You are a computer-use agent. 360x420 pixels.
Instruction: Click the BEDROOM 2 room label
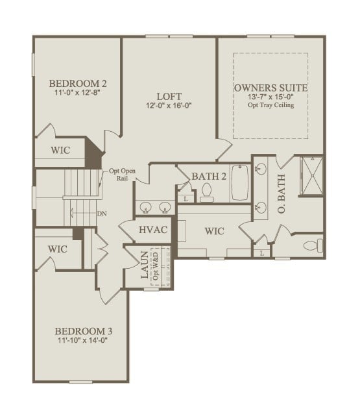[x=78, y=83]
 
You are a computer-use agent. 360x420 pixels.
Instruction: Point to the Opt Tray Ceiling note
[x=270, y=105]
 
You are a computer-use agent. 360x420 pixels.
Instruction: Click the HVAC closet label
[x=154, y=230]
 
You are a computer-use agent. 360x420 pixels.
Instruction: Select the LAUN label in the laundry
[x=145, y=266]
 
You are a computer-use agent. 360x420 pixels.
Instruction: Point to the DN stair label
[x=101, y=213]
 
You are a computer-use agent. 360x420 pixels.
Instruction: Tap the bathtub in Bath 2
[x=240, y=183]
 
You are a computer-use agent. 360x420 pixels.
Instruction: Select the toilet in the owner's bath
[x=313, y=245]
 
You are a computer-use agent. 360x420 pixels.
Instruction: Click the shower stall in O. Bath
[x=311, y=175]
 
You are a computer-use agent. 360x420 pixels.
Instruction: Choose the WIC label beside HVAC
[x=214, y=230]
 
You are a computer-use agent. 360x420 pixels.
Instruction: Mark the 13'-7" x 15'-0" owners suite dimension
[x=270, y=97]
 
